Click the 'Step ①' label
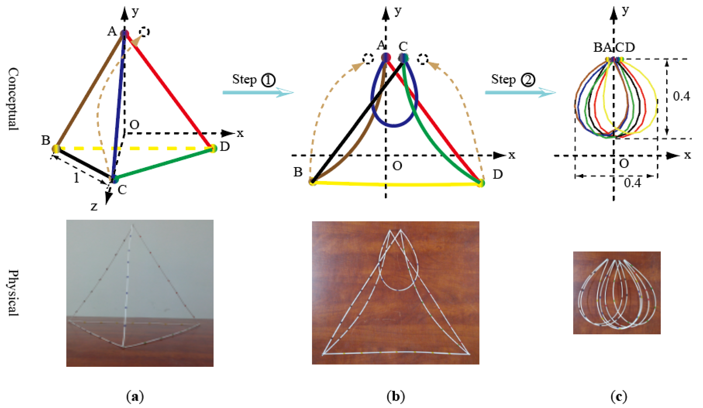point(254,80)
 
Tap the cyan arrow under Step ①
point(258,92)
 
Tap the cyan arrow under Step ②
point(520,92)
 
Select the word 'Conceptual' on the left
point(13,99)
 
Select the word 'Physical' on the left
point(13,293)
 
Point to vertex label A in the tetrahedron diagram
point(112,31)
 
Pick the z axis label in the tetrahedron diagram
point(94,207)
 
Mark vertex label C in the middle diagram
point(403,47)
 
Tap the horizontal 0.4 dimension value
point(633,183)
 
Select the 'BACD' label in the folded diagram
point(614,48)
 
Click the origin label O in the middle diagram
point(397,166)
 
